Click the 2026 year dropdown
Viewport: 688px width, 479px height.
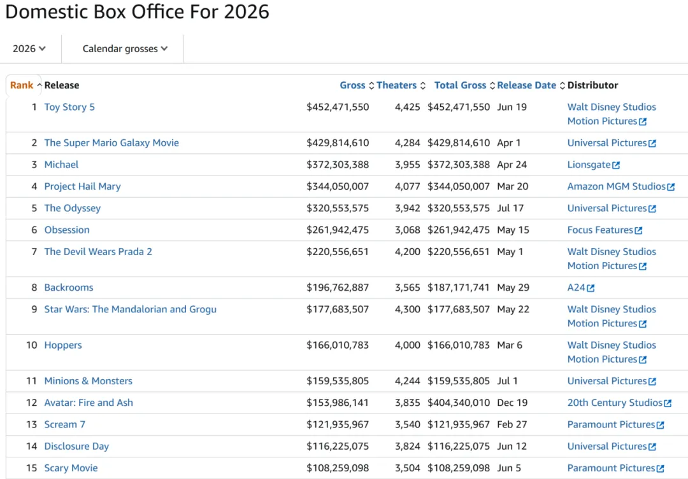coord(29,48)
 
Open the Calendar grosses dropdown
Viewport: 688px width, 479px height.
coord(125,48)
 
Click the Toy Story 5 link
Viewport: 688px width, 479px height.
coord(69,107)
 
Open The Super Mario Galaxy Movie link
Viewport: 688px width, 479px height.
coord(111,143)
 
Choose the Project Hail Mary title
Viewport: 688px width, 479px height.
coord(82,186)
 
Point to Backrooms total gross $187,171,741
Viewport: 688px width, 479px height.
coord(459,288)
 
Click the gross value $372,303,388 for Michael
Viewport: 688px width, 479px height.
coord(338,165)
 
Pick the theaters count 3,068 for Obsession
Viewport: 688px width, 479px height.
coord(407,230)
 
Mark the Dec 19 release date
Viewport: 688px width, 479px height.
coord(512,403)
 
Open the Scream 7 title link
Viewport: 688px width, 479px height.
coord(65,425)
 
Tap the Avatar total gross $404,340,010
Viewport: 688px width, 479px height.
coord(459,403)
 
